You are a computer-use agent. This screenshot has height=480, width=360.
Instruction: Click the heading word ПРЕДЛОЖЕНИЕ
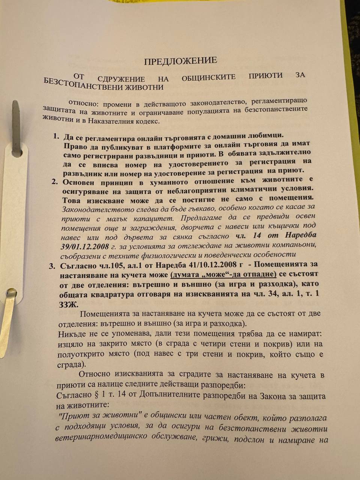click(x=180, y=61)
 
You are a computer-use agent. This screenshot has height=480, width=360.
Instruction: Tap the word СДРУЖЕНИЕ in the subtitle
click(x=121, y=79)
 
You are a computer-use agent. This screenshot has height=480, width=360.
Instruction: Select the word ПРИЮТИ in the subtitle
click(x=265, y=75)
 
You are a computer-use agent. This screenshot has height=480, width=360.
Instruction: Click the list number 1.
click(x=56, y=136)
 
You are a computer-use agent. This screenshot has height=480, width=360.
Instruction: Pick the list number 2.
click(x=54, y=182)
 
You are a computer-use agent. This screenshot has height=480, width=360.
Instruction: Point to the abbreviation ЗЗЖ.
click(x=67, y=303)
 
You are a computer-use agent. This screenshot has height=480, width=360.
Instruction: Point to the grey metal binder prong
click(x=16, y=127)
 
